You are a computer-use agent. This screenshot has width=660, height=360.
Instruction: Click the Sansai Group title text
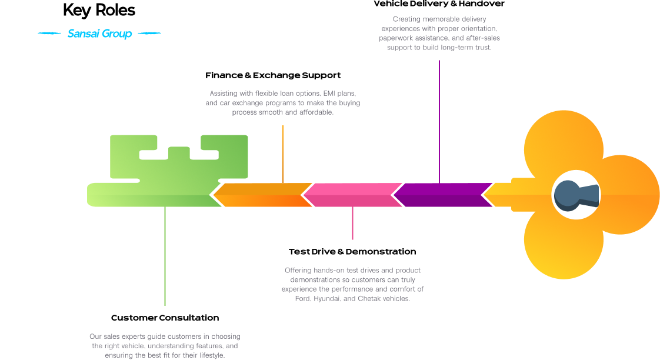click(x=99, y=34)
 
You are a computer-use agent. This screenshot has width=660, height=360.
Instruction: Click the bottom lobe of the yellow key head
click(x=563, y=244)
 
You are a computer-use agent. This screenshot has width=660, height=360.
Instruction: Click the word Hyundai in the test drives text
click(x=326, y=299)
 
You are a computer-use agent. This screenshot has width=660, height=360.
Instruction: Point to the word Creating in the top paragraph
click(x=406, y=19)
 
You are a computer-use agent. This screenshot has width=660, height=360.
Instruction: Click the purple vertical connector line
click(x=439, y=118)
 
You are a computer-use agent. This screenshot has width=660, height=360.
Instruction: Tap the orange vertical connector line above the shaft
click(x=283, y=153)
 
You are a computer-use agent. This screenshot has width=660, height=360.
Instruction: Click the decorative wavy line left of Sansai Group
click(x=49, y=34)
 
